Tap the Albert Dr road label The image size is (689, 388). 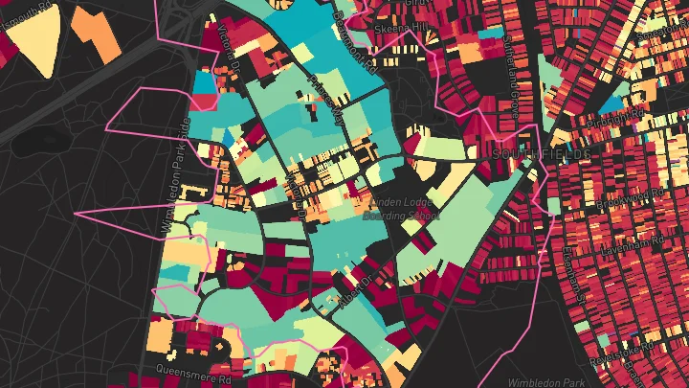click(355, 285)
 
